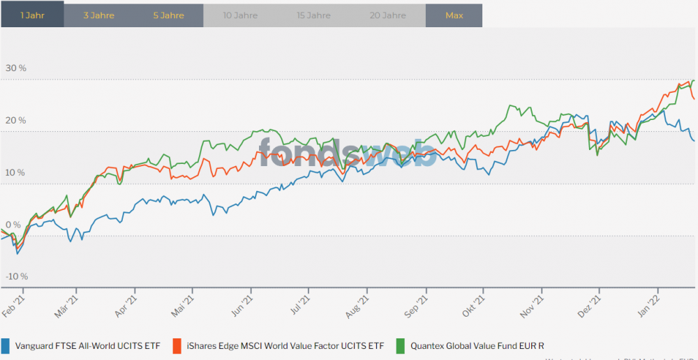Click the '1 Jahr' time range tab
point(32,15)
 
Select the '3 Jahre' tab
point(98,15)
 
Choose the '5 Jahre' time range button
point(168,15)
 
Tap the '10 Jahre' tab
point(240,15)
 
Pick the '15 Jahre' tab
point(313,15)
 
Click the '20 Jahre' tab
point(389,15)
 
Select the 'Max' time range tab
point(454,15)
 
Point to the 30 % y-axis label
point(15,68)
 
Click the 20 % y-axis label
point(15,120)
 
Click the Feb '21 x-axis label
point(15,306)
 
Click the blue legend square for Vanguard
point(6,345)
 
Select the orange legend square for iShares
point(177,345)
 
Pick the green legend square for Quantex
point(401,345)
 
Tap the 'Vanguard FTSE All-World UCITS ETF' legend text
point(88,345)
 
